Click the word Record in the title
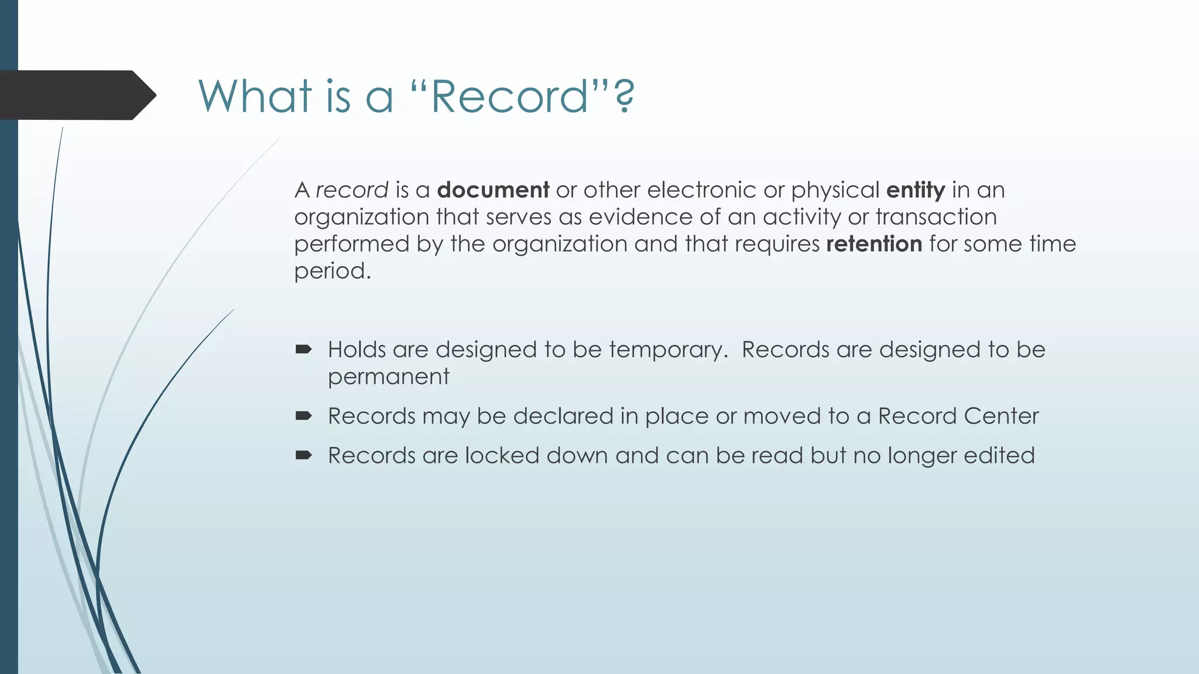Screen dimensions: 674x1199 509,96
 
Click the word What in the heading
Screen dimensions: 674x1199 255,96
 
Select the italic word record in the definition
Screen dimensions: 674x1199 352,190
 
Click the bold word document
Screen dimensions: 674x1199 493,190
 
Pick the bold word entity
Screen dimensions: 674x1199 916,191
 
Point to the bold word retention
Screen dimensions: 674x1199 874,244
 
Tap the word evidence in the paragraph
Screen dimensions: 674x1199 640,217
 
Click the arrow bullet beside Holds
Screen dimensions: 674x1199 303,350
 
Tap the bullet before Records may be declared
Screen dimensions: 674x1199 303,416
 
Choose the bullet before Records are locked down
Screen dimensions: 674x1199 303,455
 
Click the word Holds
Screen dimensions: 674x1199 357,350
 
